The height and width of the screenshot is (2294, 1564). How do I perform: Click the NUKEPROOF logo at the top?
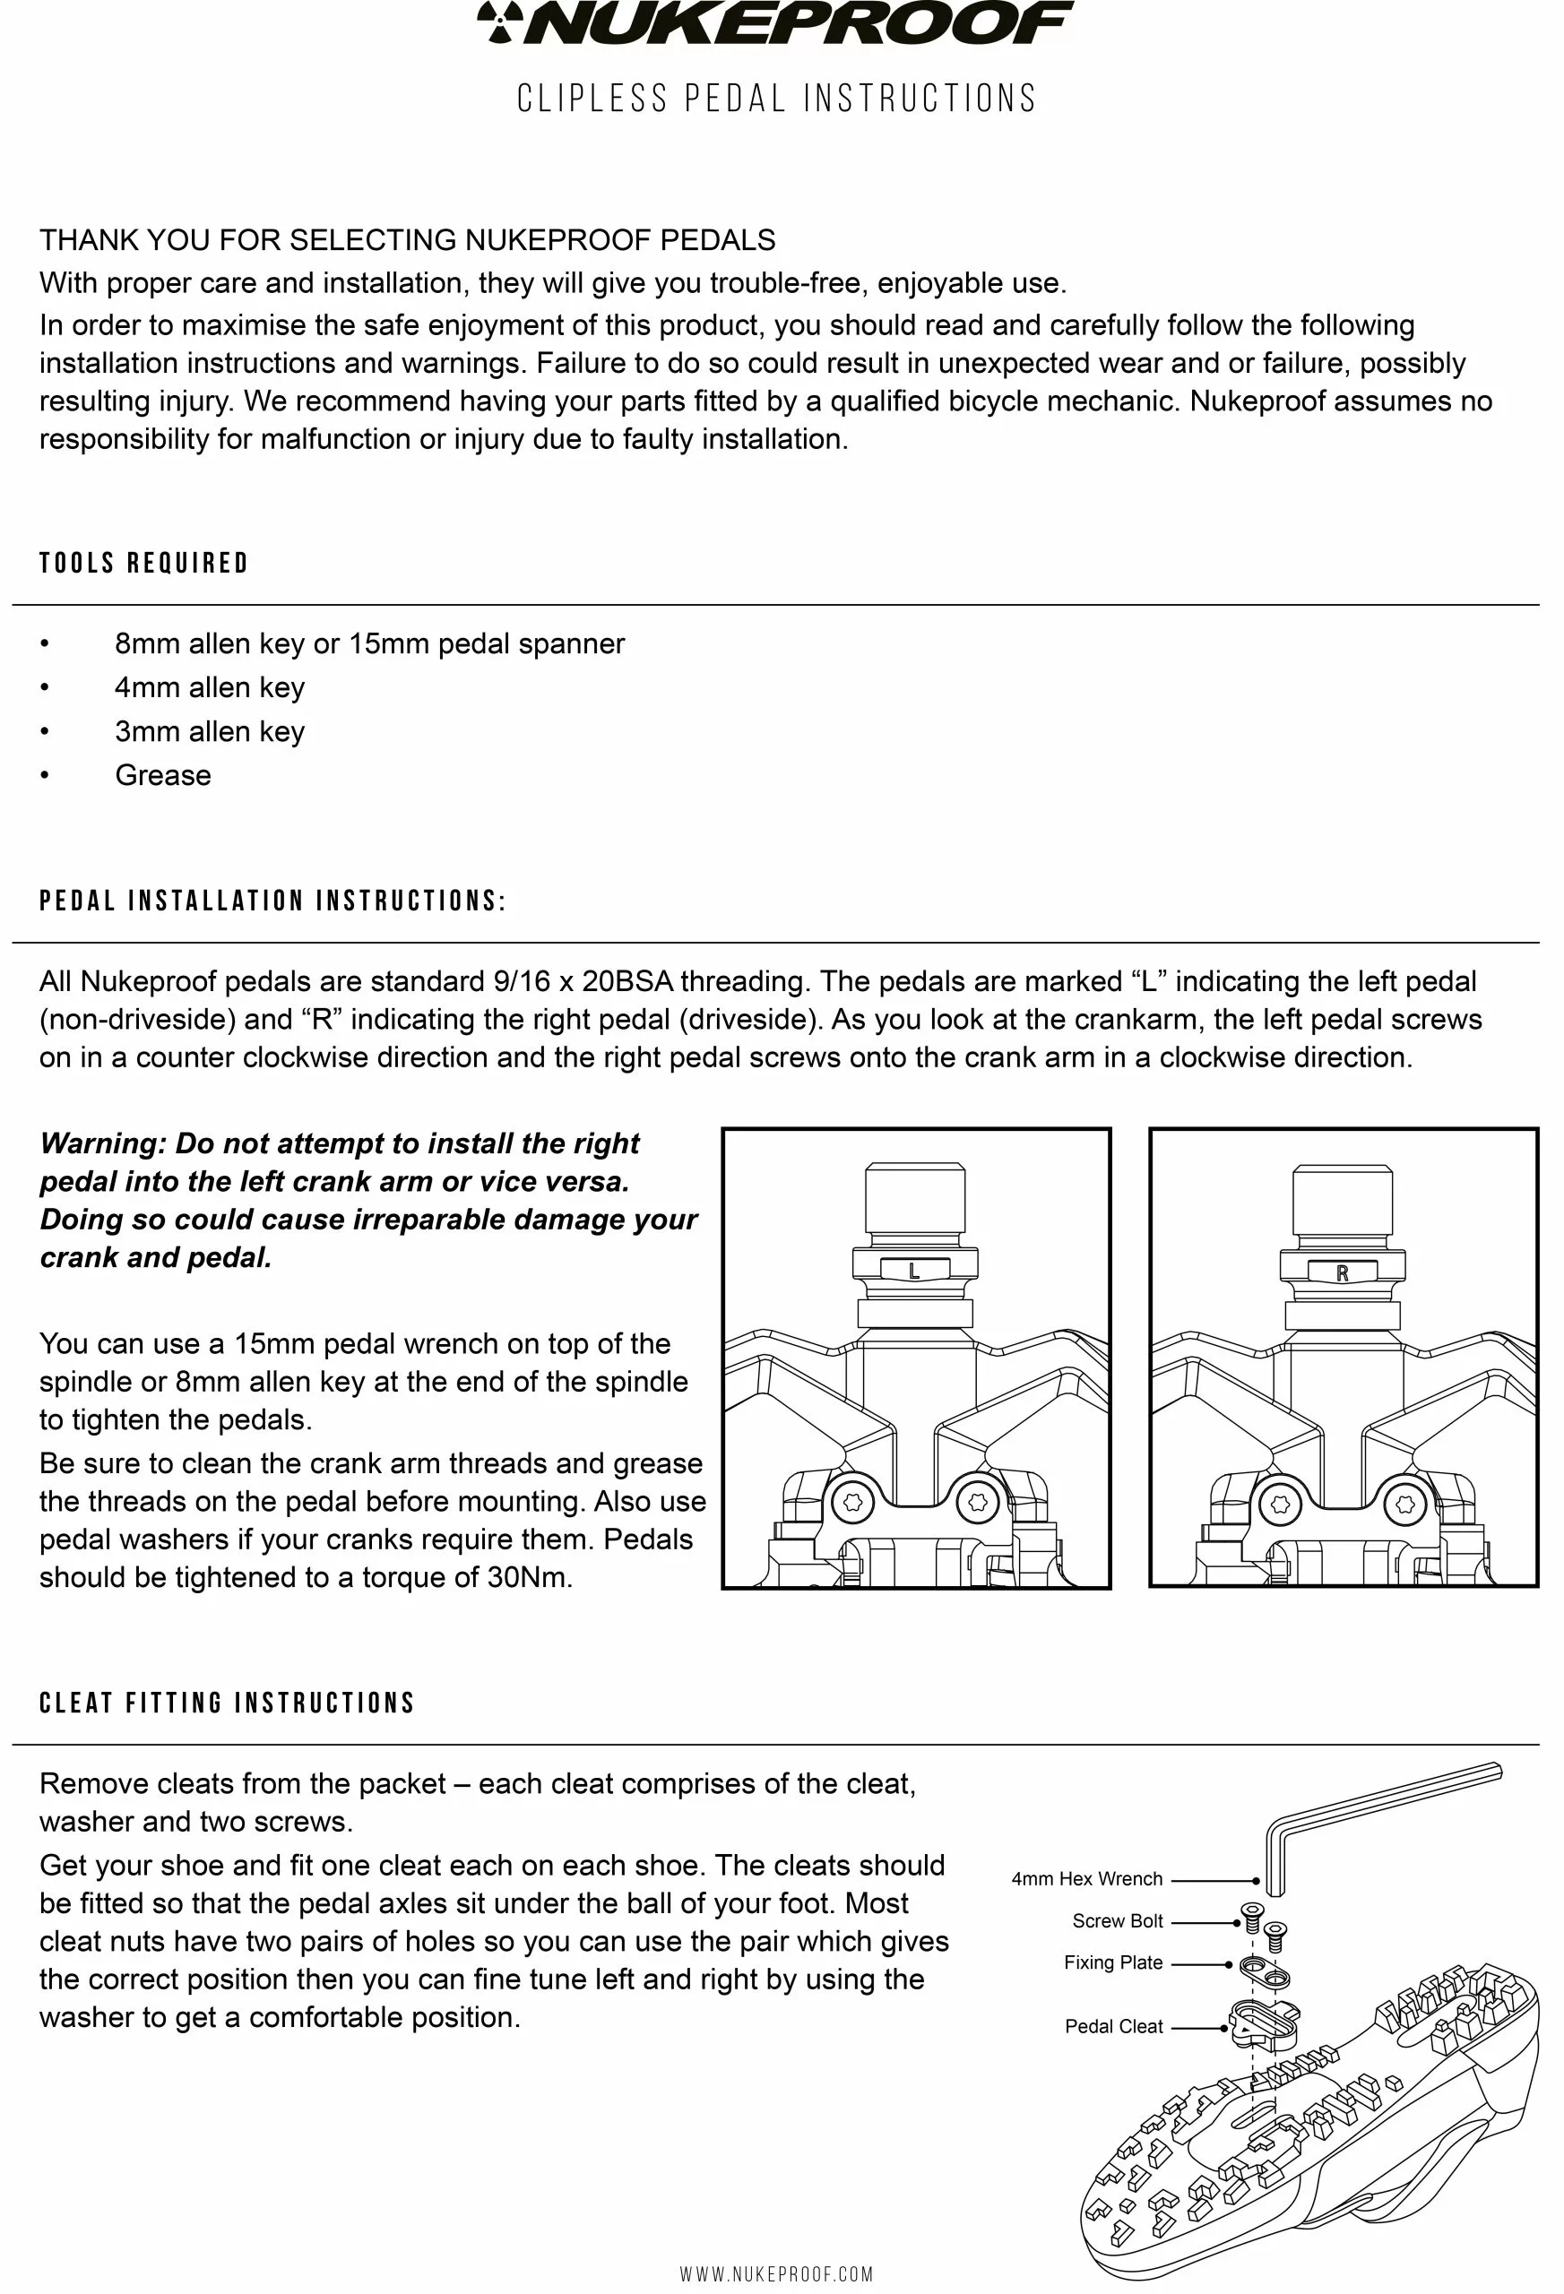coord(775,23)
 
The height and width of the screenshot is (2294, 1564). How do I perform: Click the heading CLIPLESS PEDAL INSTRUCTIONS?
coord(777,99)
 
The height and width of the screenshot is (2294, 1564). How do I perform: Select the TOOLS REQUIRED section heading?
coord(144,564)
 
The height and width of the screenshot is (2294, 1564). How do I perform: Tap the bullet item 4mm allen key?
coord(210,687)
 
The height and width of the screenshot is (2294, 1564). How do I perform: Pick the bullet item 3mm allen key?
coord(210,731)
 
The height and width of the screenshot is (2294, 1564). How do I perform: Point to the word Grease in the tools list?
coord(163,775)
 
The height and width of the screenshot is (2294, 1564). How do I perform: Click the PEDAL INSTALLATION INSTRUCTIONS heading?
coord(272,901)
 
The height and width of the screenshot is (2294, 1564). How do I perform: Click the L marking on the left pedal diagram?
coord(914,1272)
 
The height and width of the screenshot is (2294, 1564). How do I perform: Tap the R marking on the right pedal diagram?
coord(1342,1273)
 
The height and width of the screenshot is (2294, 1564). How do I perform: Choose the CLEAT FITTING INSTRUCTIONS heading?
coord(227,1703)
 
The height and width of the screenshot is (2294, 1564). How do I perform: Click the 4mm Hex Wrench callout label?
coord(1086,1879)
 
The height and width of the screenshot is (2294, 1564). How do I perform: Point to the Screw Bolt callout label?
coord(1118,1921)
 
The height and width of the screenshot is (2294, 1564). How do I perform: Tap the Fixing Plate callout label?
coord(1113,1962)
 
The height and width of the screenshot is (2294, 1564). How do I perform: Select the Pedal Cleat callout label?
coord(1114,2026)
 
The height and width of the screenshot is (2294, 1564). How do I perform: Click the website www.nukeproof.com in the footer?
coord(776,2274)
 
